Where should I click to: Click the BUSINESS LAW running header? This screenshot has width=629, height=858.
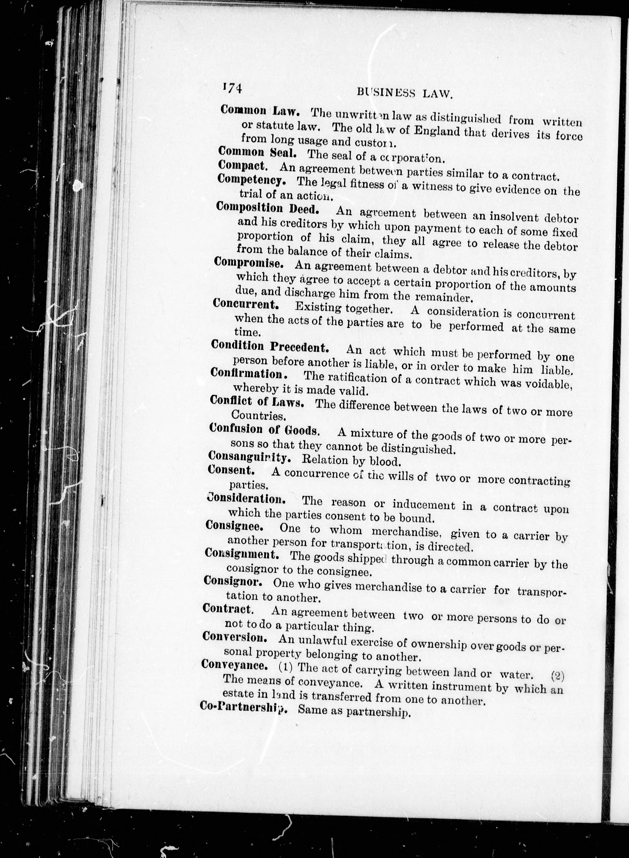coord(404,93)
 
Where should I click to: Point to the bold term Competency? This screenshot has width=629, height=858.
coord(252,180)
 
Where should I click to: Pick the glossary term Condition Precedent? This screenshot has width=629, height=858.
coord(270,346)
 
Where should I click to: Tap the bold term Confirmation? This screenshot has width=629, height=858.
coord(249,374)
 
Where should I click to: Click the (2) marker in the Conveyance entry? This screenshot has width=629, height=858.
coord(558,676)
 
